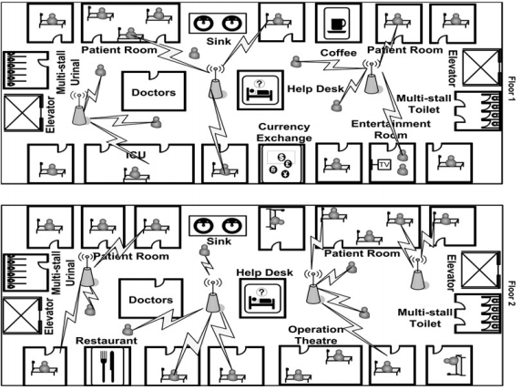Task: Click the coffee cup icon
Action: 338,23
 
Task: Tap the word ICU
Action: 136,155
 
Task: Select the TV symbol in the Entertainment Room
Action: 383,165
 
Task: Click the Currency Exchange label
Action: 284,132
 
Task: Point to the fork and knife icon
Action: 107,365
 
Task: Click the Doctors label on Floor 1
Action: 154,92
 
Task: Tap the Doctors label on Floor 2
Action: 151,300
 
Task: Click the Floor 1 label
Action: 512,89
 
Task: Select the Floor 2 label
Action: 512,294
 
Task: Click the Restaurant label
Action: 107,341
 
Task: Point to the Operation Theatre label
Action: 316,335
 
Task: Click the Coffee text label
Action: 339,53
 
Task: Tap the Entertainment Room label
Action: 391,129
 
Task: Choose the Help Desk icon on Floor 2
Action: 261,298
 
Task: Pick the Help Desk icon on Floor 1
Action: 260,90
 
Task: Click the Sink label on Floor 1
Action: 219,41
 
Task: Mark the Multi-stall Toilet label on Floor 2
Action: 425,318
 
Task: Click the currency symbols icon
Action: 281,164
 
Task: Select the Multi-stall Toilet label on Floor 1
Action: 424,104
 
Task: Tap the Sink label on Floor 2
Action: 219,241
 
